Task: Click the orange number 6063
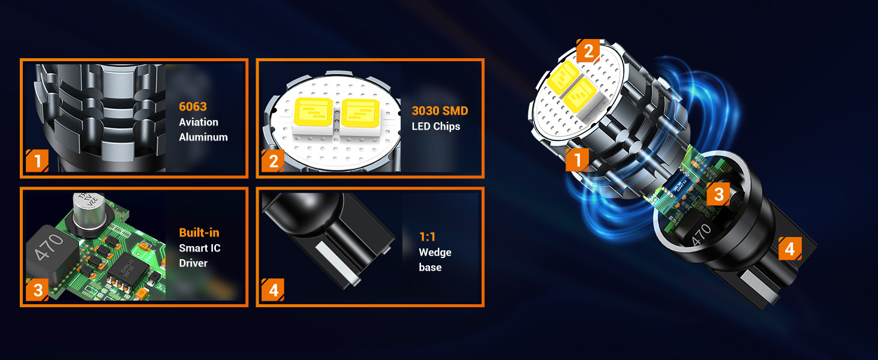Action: [x=193, y=107]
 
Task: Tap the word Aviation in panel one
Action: [x=199, y=122]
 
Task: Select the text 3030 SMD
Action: [x=440, y=111]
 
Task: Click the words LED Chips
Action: [x=435, y=127]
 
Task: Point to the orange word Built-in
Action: [x=199, y=233]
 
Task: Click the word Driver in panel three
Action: [x=193, y=263]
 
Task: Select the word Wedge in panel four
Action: [x=435, y=253]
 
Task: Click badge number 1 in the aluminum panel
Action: [x=37, y=161]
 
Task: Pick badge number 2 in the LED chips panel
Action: [x=273, y=161]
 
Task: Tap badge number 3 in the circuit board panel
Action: [x=37, y=291]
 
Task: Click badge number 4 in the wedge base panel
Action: [x=273, y=291]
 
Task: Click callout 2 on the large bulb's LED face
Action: [x=588, y=51]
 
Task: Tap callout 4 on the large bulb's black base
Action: [x=789, y=248]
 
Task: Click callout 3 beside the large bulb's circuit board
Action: [x=718, y=194]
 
